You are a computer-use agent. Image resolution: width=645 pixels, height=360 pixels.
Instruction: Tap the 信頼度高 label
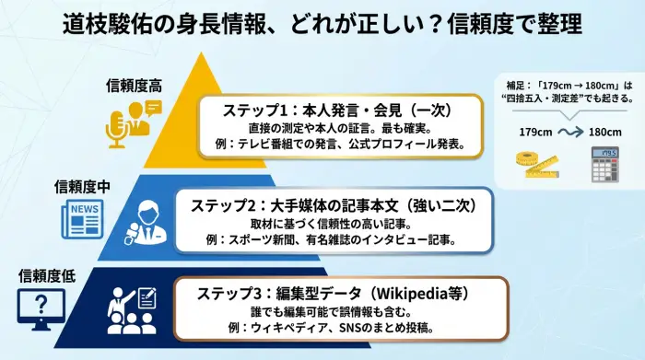(x=135, y=86)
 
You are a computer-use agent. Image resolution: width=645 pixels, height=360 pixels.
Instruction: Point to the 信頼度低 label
(x=47, y=274)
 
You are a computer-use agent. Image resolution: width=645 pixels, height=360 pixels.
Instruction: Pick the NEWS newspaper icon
(x=82, y=219)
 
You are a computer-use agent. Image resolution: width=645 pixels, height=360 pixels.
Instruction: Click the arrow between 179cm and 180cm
(x=569, y=132)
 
